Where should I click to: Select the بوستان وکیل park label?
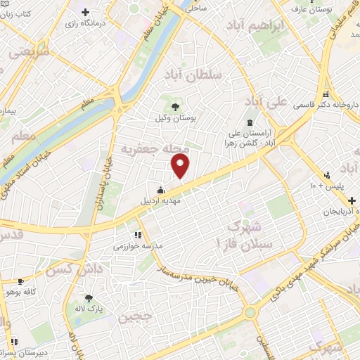175,118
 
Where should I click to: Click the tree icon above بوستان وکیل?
174,105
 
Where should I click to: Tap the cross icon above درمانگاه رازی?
85,12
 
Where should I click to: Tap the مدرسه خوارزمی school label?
138,247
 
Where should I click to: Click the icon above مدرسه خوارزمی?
138,235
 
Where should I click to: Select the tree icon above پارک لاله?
89,297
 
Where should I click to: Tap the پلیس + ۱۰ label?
328,186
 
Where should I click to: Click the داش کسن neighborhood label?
69,269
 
